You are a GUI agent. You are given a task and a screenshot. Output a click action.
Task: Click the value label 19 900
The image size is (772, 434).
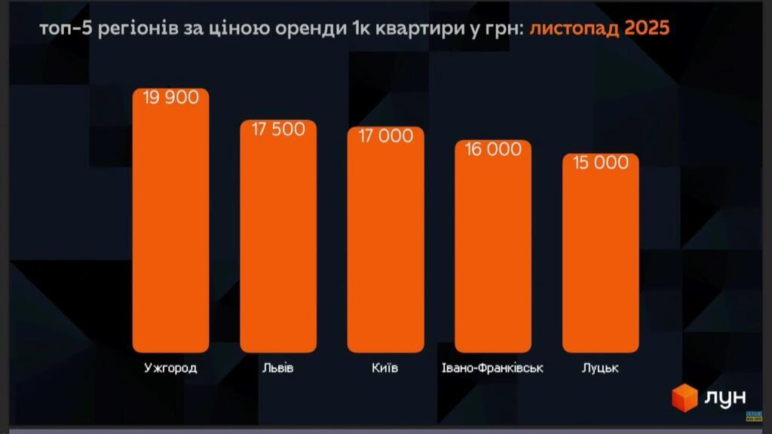coord(170,98)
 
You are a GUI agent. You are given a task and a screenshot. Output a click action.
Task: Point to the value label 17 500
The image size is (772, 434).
coord(278,130)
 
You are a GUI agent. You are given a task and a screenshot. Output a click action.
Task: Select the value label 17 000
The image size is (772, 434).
coord(385,136)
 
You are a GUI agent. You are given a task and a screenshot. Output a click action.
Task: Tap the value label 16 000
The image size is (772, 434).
coord(493,149)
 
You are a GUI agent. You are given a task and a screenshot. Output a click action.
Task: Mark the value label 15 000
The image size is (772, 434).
coord(601,163)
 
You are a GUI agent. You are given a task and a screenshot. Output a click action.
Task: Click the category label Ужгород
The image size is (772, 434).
coord(170,368)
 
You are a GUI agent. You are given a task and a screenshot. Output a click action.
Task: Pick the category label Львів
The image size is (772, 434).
coord(278,368)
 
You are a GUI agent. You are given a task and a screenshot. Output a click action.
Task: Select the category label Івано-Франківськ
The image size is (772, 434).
coord(492,368)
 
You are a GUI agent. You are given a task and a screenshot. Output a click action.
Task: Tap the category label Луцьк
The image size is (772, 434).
coord(601,368)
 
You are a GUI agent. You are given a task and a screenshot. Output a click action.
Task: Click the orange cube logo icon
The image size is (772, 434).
coord(685,397)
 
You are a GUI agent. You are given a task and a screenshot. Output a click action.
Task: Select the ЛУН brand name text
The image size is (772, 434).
coord(725,398)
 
